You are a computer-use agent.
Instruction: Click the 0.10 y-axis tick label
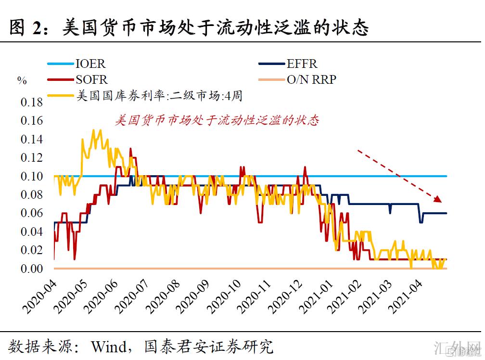[31, 176]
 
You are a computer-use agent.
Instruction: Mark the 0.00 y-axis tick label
[31, 269]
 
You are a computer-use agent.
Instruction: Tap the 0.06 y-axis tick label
[31, 213]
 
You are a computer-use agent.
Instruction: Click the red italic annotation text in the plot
[217, 120]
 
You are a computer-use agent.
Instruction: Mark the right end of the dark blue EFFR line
[446, 213]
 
